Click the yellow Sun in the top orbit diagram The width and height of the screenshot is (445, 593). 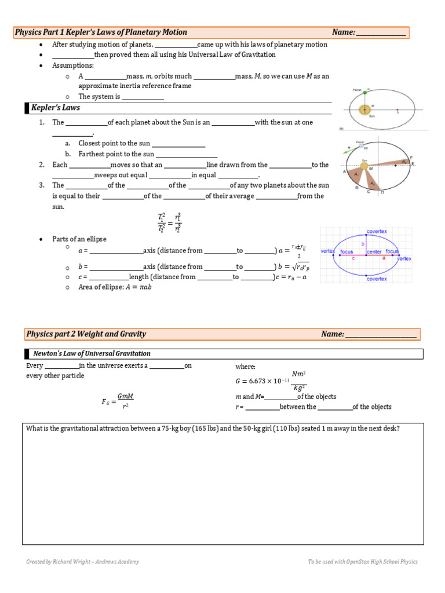tap(365, 110)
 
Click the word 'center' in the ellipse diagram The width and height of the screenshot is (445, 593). tap(374, 252)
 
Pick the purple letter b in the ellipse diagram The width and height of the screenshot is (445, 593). tap(363, 244)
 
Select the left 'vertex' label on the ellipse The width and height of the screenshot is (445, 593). tap(328, 251)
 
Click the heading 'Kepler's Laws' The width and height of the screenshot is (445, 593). tap(56, 108)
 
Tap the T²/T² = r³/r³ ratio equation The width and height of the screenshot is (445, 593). tap(169, 223)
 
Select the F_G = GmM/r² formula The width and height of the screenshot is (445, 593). tap(118, 401)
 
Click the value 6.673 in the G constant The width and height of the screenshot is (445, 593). tap(260, 381)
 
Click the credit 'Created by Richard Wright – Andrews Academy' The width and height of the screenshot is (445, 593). tap(82, 562)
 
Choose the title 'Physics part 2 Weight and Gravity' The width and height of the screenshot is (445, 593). tap(86, 334)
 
